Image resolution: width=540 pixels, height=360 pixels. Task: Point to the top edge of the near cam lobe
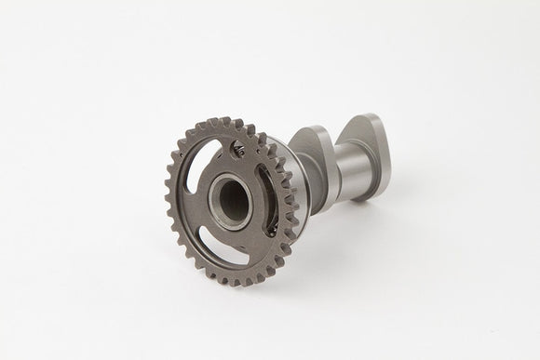307,130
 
